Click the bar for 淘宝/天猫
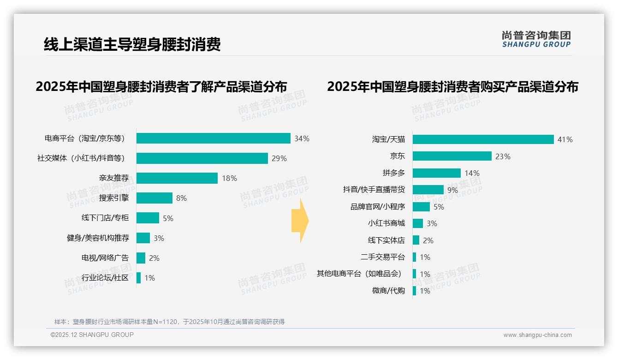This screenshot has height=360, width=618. (483, 139)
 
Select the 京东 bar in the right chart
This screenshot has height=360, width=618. (452, 156)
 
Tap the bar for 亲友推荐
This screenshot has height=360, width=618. (177, 178)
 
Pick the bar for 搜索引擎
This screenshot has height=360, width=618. (154, 198)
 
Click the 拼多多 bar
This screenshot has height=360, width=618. (436, 173)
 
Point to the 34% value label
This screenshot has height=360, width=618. (302, 138)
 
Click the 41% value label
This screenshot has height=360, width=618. (565, 139)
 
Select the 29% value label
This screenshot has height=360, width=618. (279, 158)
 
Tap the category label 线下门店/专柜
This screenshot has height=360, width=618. (105, 218)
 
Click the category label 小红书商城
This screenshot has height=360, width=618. (386, 223)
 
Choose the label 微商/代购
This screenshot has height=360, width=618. (388, 291)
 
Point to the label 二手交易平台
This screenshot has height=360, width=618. (383, 257)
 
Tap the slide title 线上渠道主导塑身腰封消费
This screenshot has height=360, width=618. (132, 44)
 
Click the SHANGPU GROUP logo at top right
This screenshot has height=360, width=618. (536, 39)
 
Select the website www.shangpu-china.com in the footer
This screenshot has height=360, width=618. (537, 335)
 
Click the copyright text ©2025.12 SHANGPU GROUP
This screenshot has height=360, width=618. (92, 335)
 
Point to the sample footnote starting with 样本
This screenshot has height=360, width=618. (170, 322)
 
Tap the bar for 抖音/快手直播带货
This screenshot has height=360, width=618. (428, 190)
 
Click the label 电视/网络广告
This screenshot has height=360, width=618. (105, 258)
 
